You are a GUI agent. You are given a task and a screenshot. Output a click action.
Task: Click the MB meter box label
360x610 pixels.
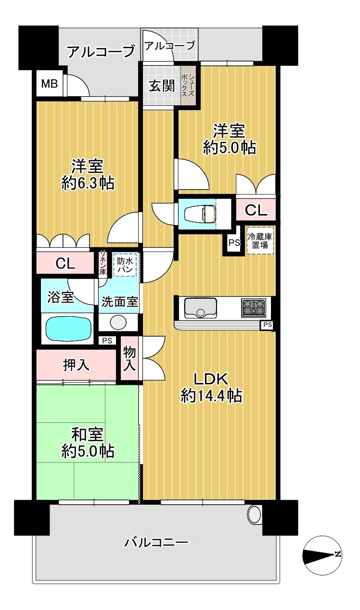point(49,84)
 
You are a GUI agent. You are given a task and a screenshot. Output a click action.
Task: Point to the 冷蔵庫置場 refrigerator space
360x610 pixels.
point(260,241)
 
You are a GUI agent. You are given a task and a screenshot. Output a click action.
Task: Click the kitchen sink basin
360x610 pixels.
point(201,308)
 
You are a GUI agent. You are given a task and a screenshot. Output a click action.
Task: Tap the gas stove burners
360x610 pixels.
point(254,308)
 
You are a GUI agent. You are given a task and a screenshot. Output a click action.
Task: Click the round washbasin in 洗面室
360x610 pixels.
point(118,323)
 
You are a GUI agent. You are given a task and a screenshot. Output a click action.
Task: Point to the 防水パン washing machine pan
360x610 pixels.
point(125,265)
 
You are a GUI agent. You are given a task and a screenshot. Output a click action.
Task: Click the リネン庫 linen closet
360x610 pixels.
point(103,263)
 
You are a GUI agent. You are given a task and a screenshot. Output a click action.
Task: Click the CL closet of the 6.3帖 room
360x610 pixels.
point(65,263)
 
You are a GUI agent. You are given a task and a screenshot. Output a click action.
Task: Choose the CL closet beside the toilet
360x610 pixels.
point(256,210)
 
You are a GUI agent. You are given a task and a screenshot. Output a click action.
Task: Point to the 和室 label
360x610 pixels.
point(87,434)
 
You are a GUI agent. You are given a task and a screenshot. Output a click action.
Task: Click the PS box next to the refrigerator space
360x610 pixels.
point(234,242)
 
